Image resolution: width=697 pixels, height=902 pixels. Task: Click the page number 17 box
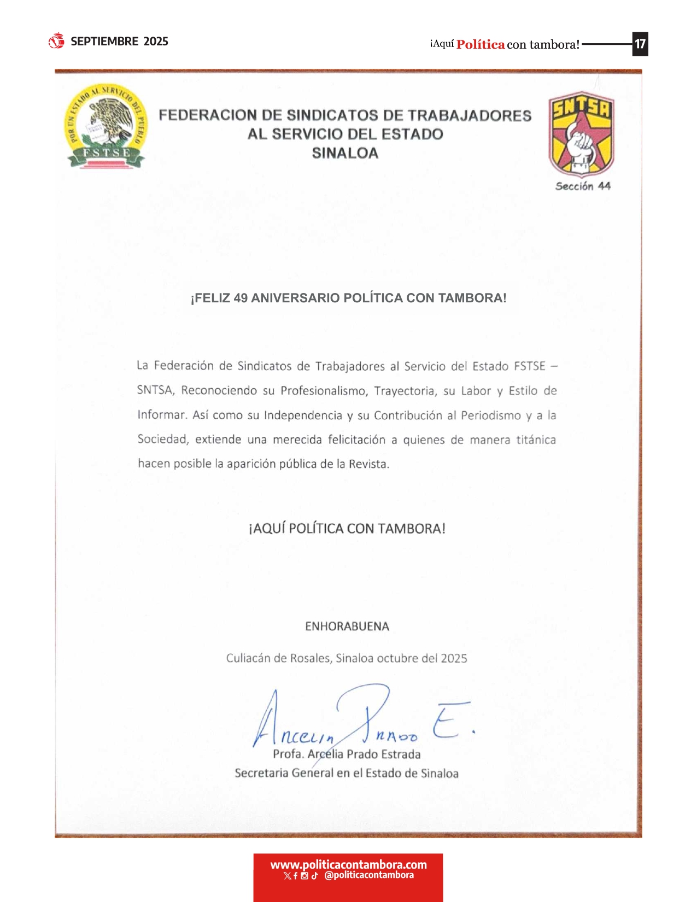(x=640, y=44)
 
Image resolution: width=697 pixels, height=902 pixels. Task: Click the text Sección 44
(x=583, y=186)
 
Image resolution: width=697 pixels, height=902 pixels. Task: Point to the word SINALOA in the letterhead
(x=345, y=153)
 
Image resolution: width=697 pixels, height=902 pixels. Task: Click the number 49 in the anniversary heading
(x=241, y=298)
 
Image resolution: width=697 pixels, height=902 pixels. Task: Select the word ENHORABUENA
(x=347, y=626)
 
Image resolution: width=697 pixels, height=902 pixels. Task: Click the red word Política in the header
(x=481, y=45)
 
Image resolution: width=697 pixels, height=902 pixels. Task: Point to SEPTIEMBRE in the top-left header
(x=104, y=42)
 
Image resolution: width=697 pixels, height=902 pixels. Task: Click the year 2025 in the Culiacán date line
(x=454, y=658)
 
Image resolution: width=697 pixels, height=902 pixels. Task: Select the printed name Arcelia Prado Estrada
(x=364, y=754)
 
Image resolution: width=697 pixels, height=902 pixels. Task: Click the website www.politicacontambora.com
(x=348, y=864)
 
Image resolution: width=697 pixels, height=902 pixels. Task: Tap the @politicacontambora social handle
(x=369, y=875)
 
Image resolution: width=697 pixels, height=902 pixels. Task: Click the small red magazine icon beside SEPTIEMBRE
(x=56, y=41)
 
